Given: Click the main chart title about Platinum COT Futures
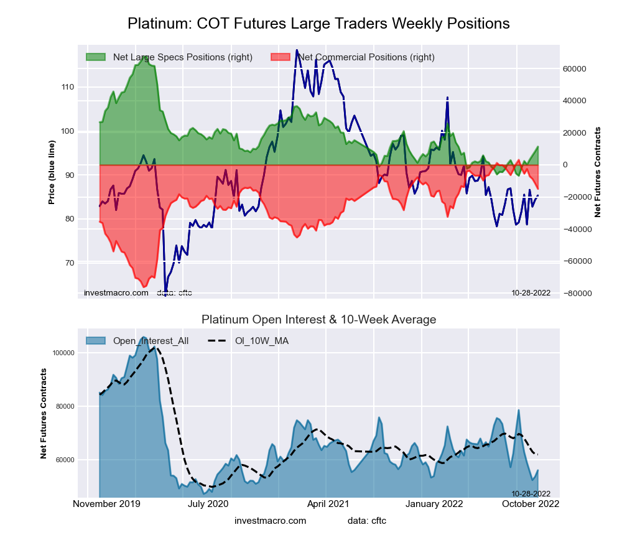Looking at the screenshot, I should click(318, 24).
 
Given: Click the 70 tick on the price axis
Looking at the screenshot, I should click(68, 263).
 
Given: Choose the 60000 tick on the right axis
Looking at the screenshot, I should click(576, 68).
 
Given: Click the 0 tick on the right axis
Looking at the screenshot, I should click(566, 165).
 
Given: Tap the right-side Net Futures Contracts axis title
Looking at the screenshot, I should click(598, 172).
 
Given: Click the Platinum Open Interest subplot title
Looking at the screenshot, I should click(318, 320).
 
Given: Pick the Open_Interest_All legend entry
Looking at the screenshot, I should click(151, 341).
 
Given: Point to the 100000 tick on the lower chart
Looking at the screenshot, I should click(63, 353).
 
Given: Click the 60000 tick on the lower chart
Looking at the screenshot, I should click(65, 460).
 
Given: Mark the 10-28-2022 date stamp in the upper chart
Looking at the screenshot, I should click(531, 292).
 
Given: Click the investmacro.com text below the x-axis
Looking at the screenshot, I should click(270, 520).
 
